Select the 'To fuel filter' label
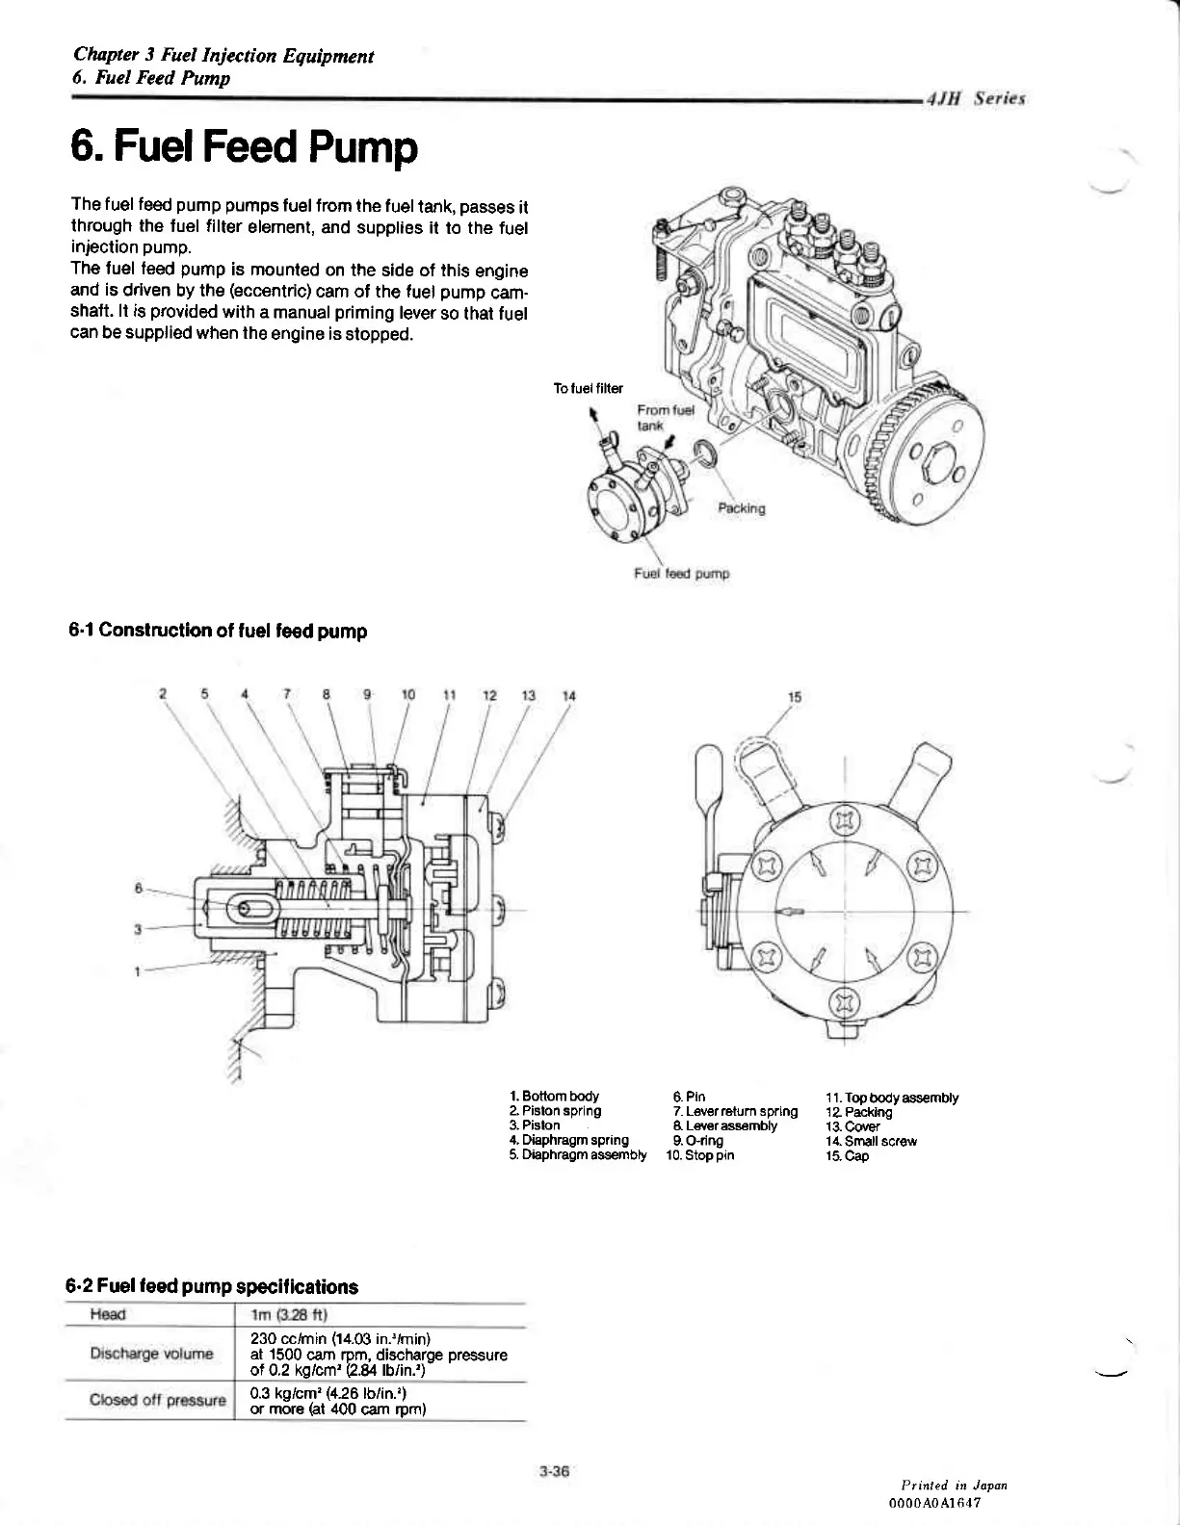pyautogui.click(x=588, y=389)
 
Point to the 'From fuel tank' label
pyautogui.click(x=659, y=416)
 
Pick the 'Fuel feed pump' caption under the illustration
pyautogui.click(x=681, y=574)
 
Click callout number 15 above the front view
pyautogui.click(x=795, y=696)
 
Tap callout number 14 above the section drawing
pyautogui.click(x=568, y=695)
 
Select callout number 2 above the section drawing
pyautogui.click(x=164, y=694)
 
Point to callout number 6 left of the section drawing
pyautogui.click(x=139, y=887)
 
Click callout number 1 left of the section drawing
pyautogui.click(x=139, y=970)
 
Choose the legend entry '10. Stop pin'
pyautogui.click(x=699, y=1155)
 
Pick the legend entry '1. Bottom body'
pyautogui.click(x=554, y=1096)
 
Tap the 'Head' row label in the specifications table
pyautogui.click(x=108, y=1314)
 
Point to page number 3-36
pyautogui.click(x=556, y=1470)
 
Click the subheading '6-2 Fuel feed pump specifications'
pyautogui.click(x=212, y=1287)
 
